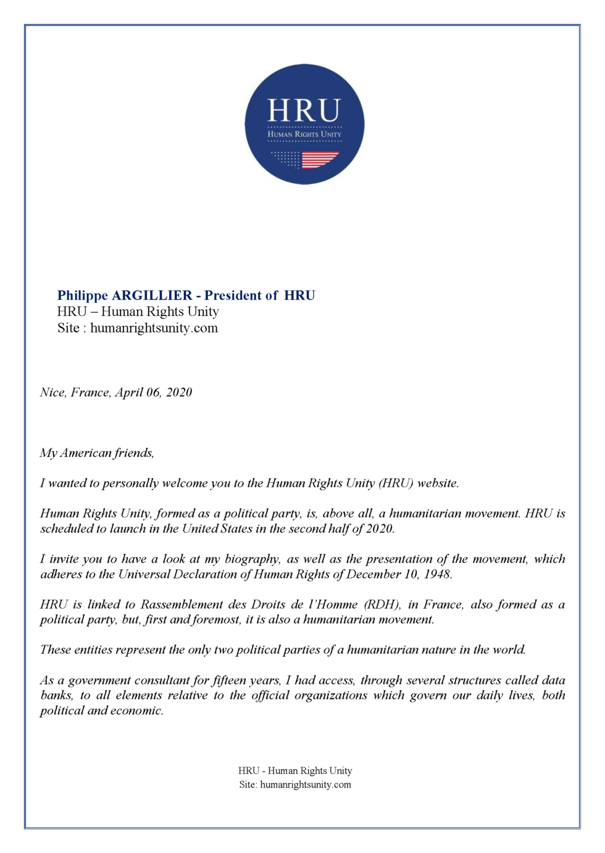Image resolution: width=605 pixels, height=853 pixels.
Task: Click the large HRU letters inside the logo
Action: [304, 111]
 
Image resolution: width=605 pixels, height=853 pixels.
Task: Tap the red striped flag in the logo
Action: [320, 160]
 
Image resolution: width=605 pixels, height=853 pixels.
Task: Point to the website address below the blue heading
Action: [154, 328]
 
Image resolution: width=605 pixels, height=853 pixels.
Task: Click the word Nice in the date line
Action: [52, 393]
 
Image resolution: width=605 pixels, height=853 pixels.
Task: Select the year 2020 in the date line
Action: [179, 393]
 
